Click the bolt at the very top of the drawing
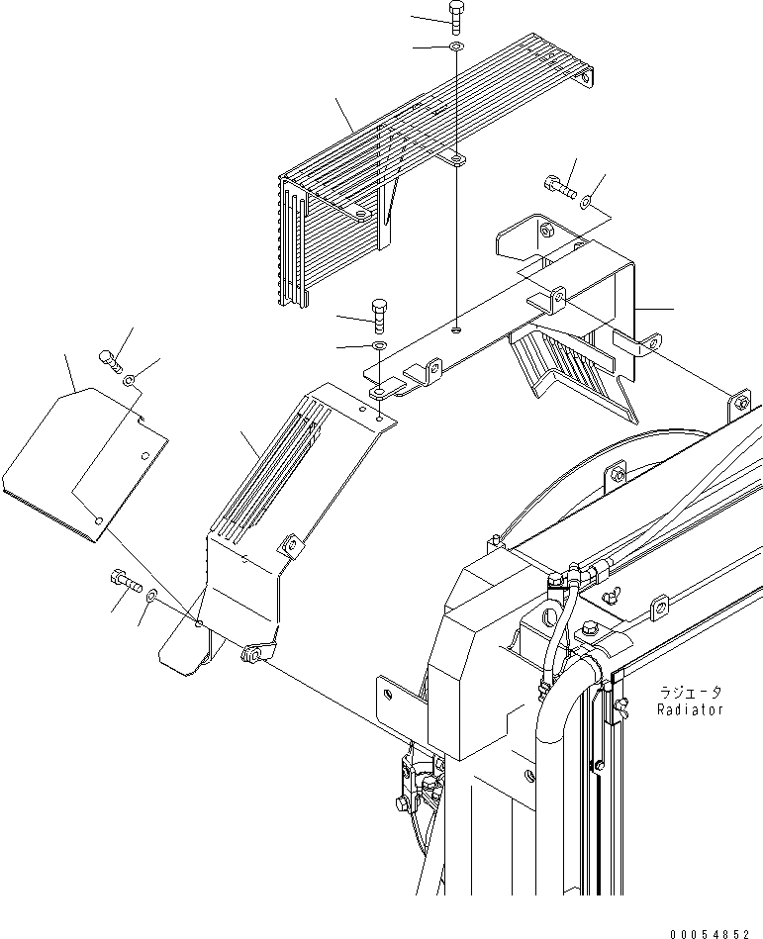[455, 17]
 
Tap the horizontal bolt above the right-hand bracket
[559, 184]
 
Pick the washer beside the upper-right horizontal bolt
[588, 202]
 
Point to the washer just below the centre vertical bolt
[379, 345]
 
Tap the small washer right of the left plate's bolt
[130, 381]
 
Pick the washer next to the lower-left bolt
[150, 596]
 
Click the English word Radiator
[690, 709]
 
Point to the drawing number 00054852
[712, 929]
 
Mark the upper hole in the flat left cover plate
[145, 455]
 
